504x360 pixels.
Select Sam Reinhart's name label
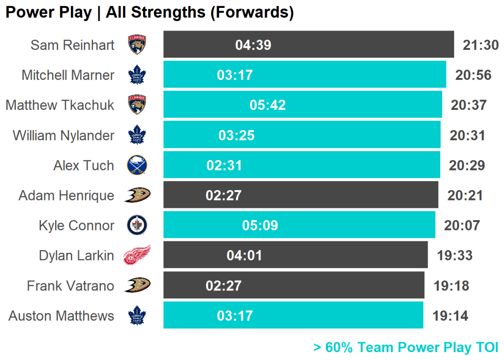tap(72, 45)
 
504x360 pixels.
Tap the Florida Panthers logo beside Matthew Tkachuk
tap(137, 105)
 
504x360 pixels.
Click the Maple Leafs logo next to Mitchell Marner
tap(137, 75)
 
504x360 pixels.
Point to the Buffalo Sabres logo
tap(137, 165)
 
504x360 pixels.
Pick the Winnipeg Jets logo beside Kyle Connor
tap(137, 225)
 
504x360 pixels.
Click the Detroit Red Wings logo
tap(137, 255)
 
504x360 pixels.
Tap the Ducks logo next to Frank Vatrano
tap(137, 285)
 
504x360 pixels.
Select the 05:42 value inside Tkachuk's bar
tap(267, 105)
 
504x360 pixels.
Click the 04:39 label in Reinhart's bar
tap(253, 45)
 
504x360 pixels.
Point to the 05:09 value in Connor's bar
tap(260, 226)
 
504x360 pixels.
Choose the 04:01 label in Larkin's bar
tap(244, 256)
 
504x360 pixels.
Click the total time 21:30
tap(480, 45)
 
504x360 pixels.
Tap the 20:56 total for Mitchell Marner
tap(473, 75)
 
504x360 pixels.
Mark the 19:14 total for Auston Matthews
tap(450, 316)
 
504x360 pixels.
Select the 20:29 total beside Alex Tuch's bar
tap(467, 165)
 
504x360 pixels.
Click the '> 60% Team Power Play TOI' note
tap(406, 347)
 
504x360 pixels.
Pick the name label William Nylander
tap(63, 135)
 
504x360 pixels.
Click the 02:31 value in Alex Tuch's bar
tap(224, 165)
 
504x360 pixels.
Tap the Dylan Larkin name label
tap(76, 256)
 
